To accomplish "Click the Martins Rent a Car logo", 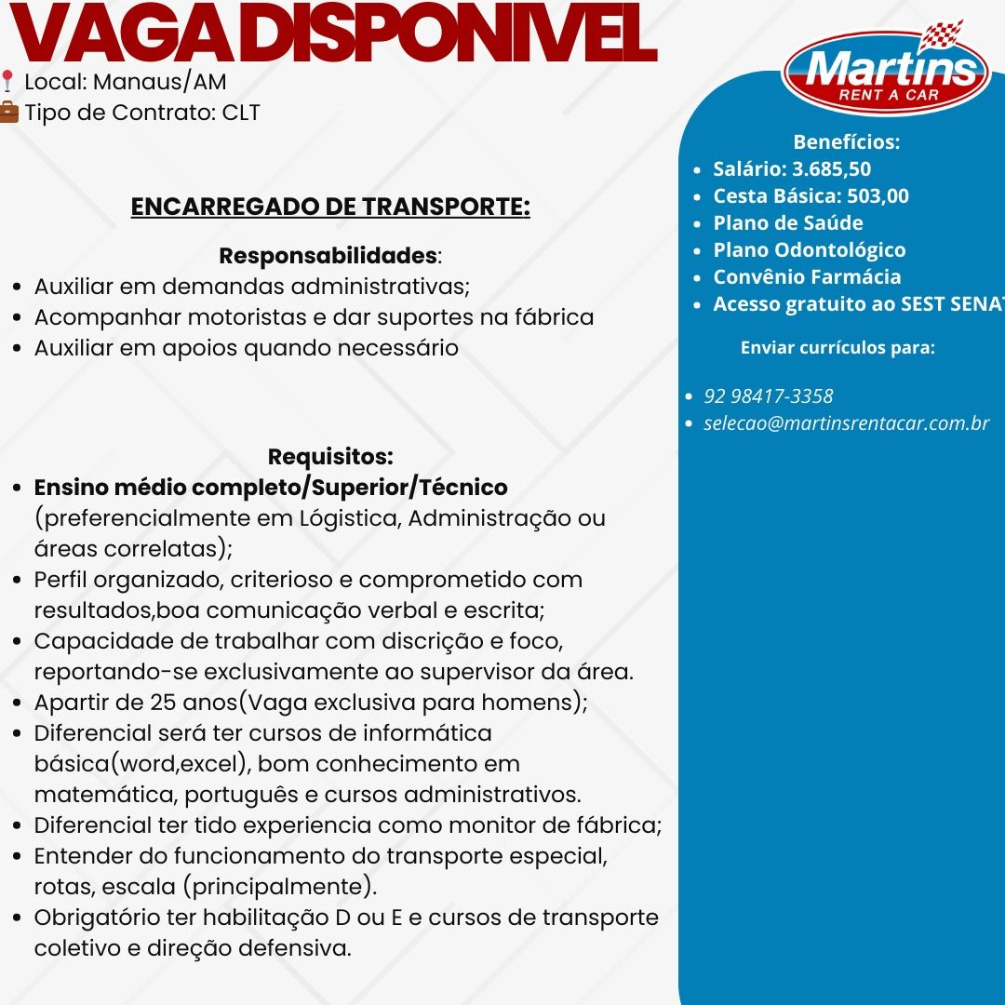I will pos(885,70).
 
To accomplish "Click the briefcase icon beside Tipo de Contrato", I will pos(8,114).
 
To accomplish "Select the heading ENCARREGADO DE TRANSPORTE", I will pos(330,207).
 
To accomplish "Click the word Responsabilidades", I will pos(328,255).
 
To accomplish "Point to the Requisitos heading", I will pos(330,457).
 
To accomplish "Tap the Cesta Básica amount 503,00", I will pos(878,196).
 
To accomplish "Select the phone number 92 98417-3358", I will pos(769,396).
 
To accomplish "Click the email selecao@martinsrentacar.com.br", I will pos(847,423).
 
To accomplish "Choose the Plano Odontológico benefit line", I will pos(809,250).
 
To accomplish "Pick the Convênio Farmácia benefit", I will pos(807,277).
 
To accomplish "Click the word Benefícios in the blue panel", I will pos(846,142).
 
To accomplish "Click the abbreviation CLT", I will pos(241,114).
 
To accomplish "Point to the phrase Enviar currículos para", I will pos(837,348).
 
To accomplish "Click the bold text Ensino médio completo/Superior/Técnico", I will pos(271,488).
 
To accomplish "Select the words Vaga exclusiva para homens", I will pos(414,703).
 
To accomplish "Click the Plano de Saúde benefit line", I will pos(787,223).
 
